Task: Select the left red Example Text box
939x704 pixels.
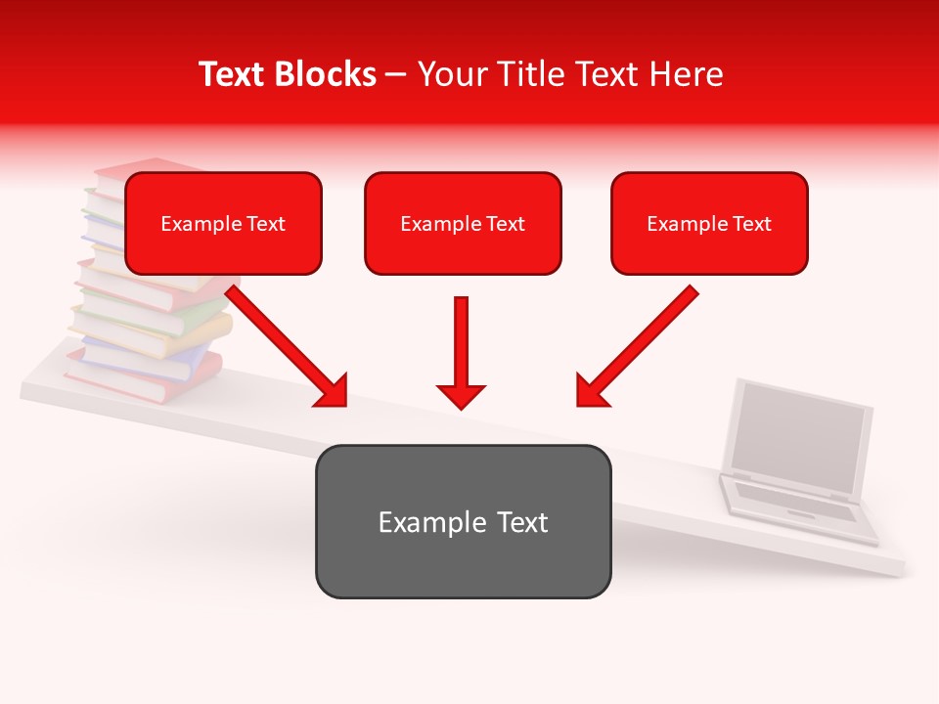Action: pyautogui.click(x=223, y=224)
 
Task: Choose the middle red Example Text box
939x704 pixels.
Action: pyautogui.click(x=463, y=224)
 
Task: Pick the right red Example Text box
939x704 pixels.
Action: pyautogui.click(x=709, y=224)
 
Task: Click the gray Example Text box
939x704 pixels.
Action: pyautogui.click(x=463, y=521)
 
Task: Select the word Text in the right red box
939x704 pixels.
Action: pyautogui.click(x=752, y=224)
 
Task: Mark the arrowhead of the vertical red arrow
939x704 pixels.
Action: pyautogui.click(x=461, y=395)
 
